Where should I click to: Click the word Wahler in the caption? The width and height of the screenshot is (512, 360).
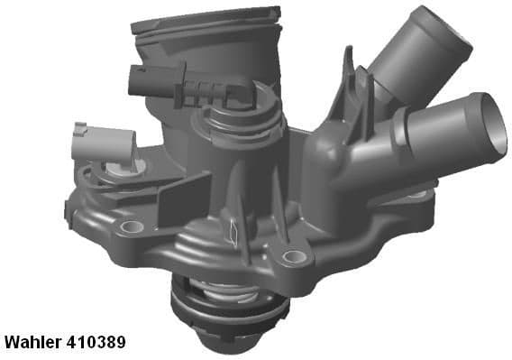click(x=32, y=342)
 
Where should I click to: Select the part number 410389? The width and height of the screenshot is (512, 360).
click(x=96, y=342)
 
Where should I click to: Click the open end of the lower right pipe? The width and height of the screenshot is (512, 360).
click(x=494, y=125)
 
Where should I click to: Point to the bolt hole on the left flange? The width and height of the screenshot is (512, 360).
click(x=132, y=226)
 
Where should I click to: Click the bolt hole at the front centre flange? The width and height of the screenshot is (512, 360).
click(x=294, y=256)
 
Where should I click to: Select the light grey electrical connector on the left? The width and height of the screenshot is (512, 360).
click(x=103, y=143)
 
